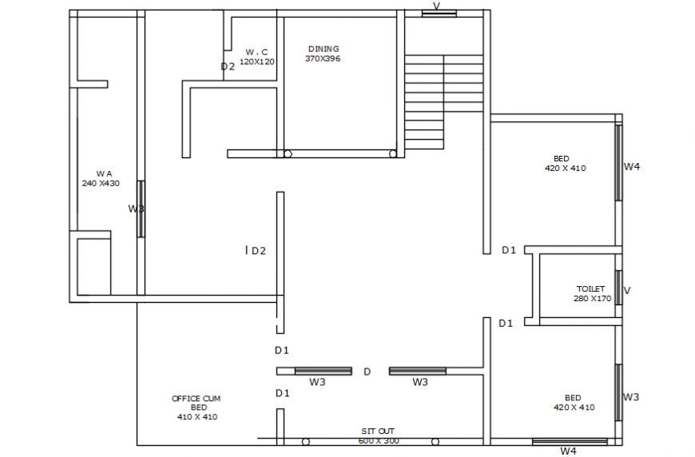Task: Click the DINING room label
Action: (323, 49)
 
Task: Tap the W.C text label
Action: (256, 52)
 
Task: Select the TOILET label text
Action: (590, 288)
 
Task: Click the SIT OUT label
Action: (377, 431)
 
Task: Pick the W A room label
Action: (104, 173)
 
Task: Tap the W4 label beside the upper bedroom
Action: (632, 167)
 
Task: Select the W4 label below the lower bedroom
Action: (568, 451)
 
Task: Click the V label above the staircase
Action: (436, 6)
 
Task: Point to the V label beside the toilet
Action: (626, 290)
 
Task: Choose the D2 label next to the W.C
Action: (228, 66)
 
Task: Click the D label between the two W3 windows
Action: (367, 372)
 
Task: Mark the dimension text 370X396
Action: (323, 58)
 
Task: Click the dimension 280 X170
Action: (592, 299)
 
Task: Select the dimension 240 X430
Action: (101, 183)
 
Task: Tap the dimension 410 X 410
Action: (197, 416)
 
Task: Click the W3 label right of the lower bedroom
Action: (631, 397)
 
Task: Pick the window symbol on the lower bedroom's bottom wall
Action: (569, 441)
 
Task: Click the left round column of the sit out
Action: (306, 441)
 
